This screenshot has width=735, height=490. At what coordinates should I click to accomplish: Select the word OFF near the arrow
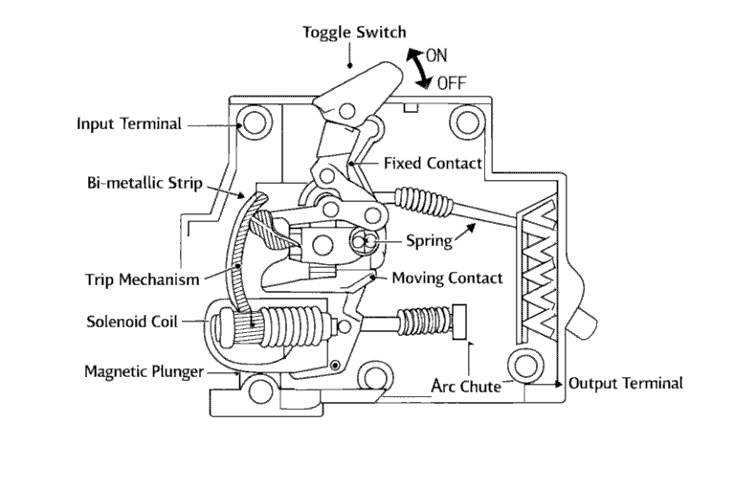[x=451, y=82]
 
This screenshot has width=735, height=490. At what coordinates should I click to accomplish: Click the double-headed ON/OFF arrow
[x=415, y=68]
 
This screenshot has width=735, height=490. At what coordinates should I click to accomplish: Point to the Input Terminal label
[x=128, y=123]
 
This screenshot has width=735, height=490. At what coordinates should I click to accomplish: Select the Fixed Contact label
[x=432, y=164]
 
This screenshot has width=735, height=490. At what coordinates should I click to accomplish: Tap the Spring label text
[x=427, y=241]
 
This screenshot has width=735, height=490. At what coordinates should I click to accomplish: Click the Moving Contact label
[x=447, y=278]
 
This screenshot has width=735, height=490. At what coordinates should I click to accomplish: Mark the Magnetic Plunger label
[x=144, y=370]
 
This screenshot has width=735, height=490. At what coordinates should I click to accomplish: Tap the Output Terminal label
[x=625, y=383]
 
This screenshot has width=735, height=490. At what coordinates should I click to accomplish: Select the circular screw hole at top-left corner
[x=256, y=123]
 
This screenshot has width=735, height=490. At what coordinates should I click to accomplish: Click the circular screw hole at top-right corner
[x=467, y=122]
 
